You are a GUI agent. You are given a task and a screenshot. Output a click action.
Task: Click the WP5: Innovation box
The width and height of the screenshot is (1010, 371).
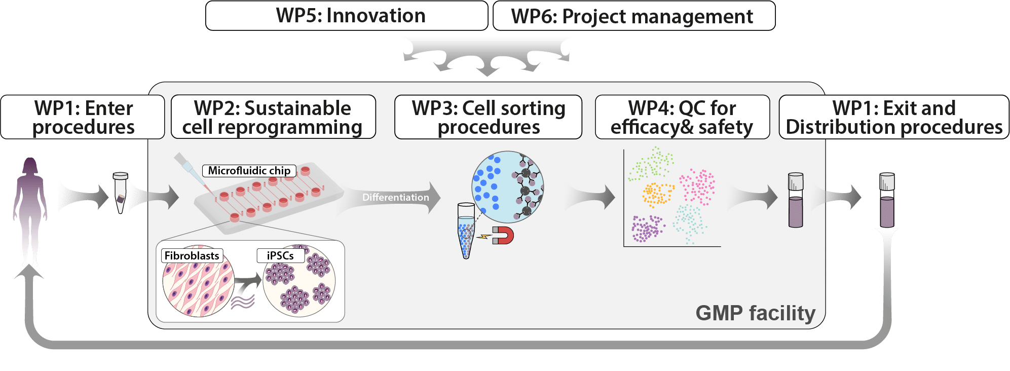click(347, 16)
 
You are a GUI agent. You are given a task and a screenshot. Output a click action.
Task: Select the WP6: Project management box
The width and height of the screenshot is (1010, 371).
click(634, 16)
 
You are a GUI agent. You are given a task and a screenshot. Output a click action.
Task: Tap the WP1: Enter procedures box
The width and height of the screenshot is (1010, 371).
click(83, 117)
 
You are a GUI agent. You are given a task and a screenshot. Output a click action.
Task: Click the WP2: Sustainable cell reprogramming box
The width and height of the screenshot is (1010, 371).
click(273, 117)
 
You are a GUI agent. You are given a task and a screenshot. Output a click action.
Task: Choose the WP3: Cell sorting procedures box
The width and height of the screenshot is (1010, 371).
click(488, 117)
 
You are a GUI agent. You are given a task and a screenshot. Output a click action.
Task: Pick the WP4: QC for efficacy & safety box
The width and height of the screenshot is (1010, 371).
click(682, 117)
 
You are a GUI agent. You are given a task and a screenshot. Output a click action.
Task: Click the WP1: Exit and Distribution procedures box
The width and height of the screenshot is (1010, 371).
click(894, 117)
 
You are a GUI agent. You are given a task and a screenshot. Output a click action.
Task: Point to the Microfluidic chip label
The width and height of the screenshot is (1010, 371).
click(249, 170)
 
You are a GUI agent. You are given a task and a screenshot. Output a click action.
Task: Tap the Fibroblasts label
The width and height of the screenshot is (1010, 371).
click(192, 255)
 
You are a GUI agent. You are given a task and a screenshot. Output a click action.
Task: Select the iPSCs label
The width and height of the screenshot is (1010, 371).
click(281, 255)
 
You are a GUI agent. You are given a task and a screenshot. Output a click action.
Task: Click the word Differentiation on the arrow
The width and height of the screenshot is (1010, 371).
click(396, 197)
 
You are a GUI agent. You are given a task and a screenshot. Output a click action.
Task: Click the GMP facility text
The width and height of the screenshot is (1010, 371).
click(755, 313)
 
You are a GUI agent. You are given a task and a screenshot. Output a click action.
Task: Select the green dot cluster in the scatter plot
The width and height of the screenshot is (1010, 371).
click(651, 163)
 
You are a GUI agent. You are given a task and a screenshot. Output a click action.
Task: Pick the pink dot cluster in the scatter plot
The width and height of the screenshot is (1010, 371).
click(698, 187)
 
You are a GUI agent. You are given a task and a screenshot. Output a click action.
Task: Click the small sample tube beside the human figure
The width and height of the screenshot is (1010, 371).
click(121, 193)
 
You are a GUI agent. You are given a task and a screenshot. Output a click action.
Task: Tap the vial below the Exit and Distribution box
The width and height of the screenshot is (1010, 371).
click(887, 200)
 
